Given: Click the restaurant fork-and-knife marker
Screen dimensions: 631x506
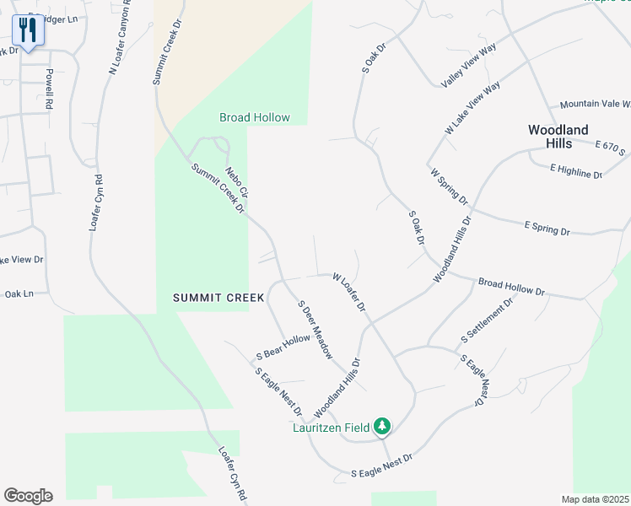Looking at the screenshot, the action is (28, 30).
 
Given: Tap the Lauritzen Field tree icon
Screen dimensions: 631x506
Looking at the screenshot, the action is (383, 428).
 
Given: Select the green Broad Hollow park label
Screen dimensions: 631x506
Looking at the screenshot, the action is (255, 118).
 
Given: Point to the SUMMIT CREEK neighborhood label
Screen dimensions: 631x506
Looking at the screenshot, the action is (219, 298).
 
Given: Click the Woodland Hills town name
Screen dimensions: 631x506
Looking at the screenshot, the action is (558, 137).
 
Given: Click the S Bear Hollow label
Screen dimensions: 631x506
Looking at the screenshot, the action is (283, 346).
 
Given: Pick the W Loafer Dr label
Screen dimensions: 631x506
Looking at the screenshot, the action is (349, 292).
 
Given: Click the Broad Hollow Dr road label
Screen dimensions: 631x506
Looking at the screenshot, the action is (511, 287).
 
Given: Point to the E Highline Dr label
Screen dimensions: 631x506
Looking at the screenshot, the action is (576, 172).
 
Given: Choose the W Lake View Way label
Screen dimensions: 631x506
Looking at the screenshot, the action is (473, 108).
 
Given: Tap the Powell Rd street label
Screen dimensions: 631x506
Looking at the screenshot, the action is (50, 89).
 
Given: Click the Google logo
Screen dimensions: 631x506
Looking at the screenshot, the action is (28, 496).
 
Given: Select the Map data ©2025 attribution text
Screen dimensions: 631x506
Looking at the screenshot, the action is (595, 499).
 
